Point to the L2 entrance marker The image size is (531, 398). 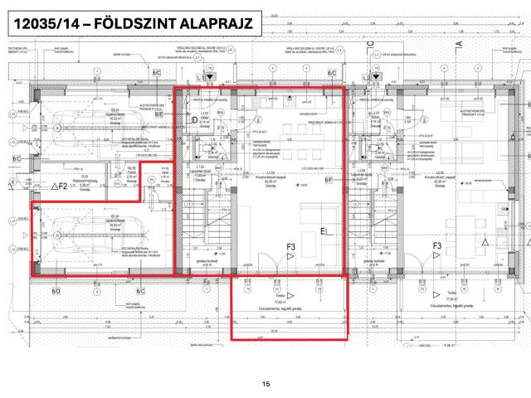[x=368, y=76]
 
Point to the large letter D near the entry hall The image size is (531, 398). [x=194, y=120]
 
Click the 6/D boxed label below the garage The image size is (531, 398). [x=56, y=291]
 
